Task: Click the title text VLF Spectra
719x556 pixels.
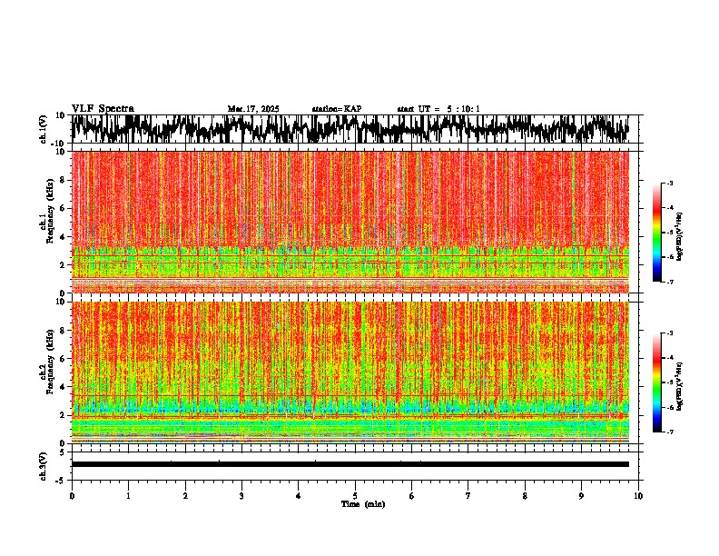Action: [103, 109]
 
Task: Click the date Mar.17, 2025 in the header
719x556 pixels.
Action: [253, 109]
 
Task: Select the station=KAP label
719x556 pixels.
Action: [336, 109]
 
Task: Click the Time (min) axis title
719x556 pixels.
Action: [362, 504]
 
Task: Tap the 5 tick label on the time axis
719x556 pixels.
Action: [355, 496]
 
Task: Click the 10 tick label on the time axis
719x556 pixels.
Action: [638, 496]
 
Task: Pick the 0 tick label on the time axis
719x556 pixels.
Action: [72, 496]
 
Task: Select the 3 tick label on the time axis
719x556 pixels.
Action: [241, 496]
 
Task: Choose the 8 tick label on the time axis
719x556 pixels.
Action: [525, 496]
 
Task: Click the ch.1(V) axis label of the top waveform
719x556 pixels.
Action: [43, 130]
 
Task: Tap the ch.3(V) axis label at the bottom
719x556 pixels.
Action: [43, 463]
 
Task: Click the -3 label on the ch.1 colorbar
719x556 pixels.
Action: [671, 184]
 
